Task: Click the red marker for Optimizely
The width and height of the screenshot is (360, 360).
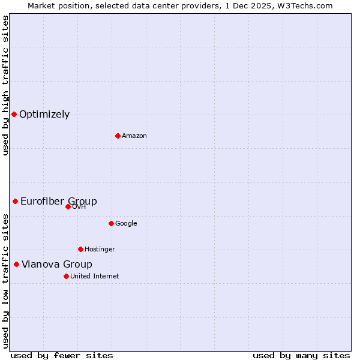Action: click(x=14, y=114)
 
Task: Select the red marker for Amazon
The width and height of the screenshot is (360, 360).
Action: click(x=118, y=136)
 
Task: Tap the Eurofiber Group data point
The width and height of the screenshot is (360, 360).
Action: click(x=15, y=201)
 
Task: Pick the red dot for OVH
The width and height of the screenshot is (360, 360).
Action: click(x=68, y=206)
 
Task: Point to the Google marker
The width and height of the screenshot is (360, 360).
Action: click(x=111, y=223)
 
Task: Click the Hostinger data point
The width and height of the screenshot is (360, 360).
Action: click(x=80, y=249)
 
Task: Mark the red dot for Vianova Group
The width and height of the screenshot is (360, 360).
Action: click(x=16, y=264)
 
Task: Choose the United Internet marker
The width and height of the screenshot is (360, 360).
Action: click(x=66, y=276)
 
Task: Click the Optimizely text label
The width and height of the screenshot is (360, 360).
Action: click(x=44, y=115)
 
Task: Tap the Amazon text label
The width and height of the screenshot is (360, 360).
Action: click(x=134, y=136)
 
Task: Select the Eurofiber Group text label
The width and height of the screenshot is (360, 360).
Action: click(x=59, y=201)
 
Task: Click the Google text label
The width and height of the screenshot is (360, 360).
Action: click(x=126, y=223)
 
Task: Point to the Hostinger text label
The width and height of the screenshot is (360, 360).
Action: click(x=100, y=249)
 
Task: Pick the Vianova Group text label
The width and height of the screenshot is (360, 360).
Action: click(x=57, y=264)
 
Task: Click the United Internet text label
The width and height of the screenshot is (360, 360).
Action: click(x=94, y=276)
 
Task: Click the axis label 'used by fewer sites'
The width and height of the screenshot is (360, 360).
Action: click(x=61, y=355)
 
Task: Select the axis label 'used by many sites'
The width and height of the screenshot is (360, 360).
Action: click(x=301, y=355)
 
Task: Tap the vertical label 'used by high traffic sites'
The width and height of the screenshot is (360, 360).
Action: click(x=5, y=85)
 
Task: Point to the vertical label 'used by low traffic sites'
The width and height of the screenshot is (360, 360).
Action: click(x=5, y=280)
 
